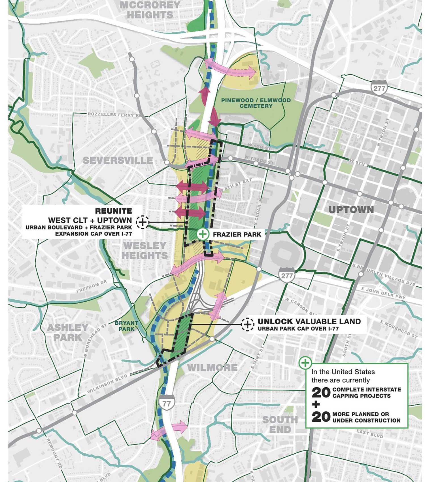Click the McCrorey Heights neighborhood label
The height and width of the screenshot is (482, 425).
click(150, 10)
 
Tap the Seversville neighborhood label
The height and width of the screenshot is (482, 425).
click(118, 160)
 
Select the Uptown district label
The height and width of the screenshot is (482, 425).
click(351, 210)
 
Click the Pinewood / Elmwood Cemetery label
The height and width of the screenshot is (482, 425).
click(256, 103)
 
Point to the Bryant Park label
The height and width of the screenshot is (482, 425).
click(126, 326)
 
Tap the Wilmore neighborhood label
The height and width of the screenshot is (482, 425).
click(212, 368)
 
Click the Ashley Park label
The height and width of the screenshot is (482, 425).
click(67, 332)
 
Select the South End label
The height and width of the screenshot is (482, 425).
click(280, 424)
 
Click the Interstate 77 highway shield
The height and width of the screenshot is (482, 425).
click(167, 403)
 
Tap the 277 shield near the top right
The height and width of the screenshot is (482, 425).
click(379, 88)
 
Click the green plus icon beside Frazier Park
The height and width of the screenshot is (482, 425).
click(203, 234)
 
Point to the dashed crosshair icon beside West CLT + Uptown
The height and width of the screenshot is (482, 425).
click(143, 222)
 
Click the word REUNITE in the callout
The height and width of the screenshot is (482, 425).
click(113, 211)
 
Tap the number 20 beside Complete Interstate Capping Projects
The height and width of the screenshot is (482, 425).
click(321, 393)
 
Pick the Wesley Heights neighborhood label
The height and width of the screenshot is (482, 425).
click(145, 250)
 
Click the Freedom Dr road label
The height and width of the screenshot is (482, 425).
click(92, 286)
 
